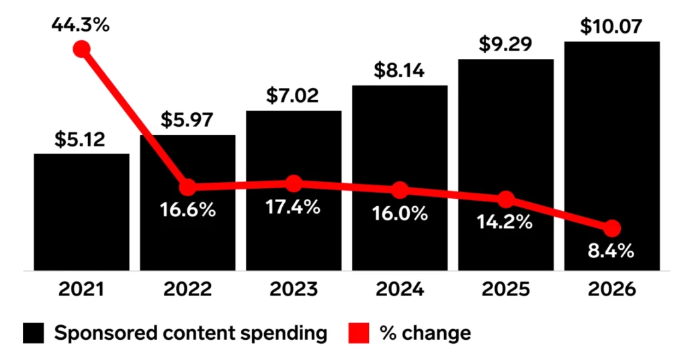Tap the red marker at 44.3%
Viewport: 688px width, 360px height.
click(81, 49)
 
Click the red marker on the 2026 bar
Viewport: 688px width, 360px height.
click(612, 228)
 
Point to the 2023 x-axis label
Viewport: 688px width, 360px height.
click(294, 290)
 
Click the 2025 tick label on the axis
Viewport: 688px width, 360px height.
click(506, 290)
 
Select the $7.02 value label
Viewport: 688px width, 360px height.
click(294, 95)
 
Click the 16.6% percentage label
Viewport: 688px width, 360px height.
click(187, 210)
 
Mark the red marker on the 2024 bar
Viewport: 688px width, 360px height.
click(400, 190)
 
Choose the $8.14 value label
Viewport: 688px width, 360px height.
click(400, 71)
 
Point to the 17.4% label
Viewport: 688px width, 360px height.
click(294, 208)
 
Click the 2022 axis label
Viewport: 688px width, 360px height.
click(187, 290)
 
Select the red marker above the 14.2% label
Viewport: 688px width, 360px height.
click(506, 199)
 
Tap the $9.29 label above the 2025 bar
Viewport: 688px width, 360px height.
click(506, 44)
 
